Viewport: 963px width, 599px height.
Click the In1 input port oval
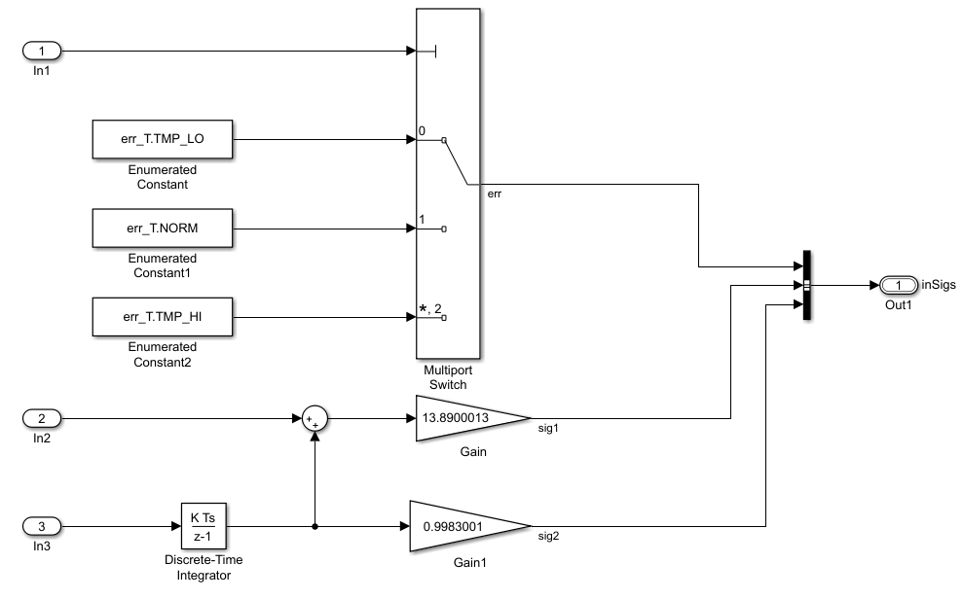(x=41, y=50)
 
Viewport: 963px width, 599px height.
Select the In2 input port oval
(x=41, y=419)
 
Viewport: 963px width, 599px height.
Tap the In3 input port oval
(x=41, y=526)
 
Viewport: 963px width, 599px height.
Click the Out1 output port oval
(x=899, y=285)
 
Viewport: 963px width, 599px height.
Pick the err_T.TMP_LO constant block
(x=163, y=139)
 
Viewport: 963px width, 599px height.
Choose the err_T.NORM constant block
(x=163, y=229)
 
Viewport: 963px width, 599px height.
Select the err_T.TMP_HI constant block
(x=163, y=316)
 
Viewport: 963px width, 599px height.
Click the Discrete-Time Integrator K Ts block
(x=203, y=526)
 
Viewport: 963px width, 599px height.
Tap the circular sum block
(x=315, y=419)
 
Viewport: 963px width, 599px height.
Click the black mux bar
(x=806, y=285)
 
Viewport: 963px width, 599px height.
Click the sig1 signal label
(x=548, y=428)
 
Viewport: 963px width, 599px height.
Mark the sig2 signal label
(x=548, y=535)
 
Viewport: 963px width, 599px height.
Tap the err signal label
(x=495, y=194)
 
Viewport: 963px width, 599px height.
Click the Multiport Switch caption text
(x=446, y=377)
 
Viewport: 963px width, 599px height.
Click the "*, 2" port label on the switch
(x=429, y=310)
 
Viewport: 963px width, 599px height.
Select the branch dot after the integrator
(x=315, y=526)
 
